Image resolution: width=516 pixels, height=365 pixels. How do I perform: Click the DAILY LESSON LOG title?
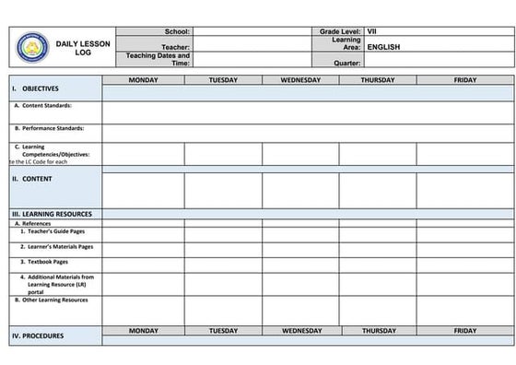tap(84, 48)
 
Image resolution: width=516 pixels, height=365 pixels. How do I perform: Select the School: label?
tap(176, 31)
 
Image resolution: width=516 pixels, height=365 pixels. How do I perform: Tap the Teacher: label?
tap(175, 46)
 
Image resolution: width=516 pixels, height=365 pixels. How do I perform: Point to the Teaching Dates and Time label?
tap(158, 60)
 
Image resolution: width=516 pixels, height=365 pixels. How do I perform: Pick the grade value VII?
tap(371, 31)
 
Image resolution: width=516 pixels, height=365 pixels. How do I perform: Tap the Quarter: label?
tap(345, 64)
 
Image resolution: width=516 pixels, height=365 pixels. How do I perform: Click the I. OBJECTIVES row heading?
tap(36, 89)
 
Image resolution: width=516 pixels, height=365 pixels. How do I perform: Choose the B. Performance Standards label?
tap(50, 128)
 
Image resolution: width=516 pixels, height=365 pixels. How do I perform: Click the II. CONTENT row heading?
tap(31, 178)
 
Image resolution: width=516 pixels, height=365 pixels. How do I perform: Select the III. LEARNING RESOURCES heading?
tap(52, 214)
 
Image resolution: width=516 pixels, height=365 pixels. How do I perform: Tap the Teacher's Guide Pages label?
tap(58, 231)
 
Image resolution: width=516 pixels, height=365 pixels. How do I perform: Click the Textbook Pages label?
tap(48, 261)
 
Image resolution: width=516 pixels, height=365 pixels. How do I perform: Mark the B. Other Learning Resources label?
tap(52, 300)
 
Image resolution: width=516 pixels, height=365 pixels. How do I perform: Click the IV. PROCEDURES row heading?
tap(38, 336)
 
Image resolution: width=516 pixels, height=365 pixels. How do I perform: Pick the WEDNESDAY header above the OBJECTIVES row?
tap(300, 80)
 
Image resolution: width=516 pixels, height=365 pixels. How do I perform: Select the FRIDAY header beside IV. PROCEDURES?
tap(465, 330)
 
